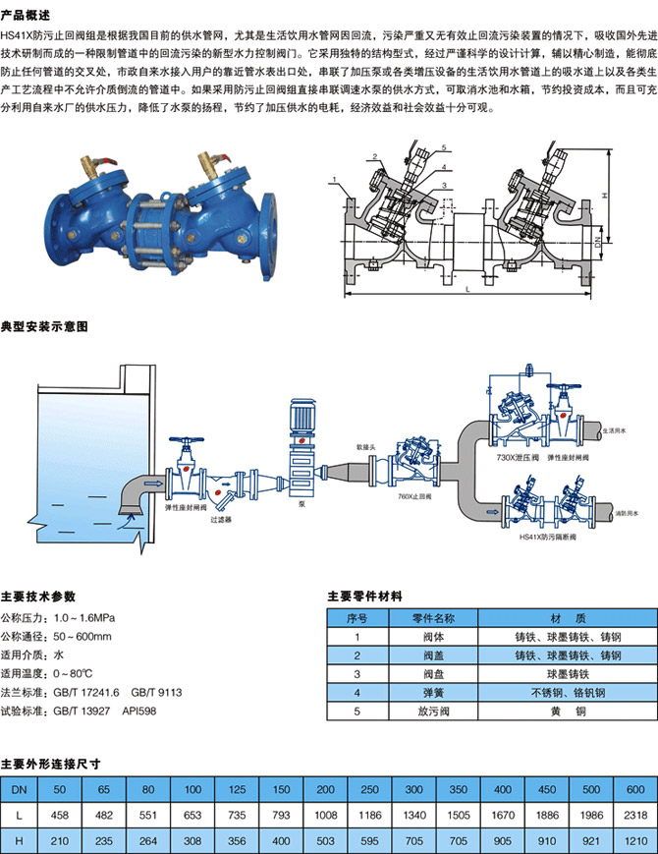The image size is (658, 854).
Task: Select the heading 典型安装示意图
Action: click(45, 325)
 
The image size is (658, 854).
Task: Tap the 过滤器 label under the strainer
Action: click(221, 518)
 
